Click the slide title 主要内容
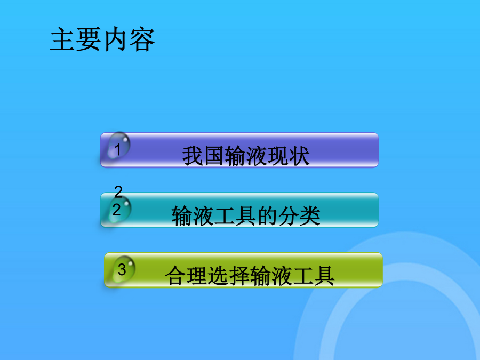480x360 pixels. [102, 39]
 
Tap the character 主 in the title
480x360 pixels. [63, 39]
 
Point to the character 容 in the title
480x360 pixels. [142, 39]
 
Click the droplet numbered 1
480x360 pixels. [118, 146]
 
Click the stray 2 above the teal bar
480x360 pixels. [118, 191]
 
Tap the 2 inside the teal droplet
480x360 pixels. [116, 210]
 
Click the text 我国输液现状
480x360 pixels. [246, 156]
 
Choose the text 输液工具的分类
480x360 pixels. [246, 216]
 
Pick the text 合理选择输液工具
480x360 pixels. [250, 276]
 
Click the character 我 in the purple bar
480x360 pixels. [193, 156]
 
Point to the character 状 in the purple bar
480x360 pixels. [299, 156]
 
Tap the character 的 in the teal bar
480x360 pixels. [267, 216]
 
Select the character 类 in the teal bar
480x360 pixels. [310, 216]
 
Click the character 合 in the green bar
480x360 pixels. [175, 276]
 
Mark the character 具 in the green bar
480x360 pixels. [324, 276]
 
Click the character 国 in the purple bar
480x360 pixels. [214, 156]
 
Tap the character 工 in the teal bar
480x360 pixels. [225, 216]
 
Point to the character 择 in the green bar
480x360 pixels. [239, 276]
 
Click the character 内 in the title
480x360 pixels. [116, 39]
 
